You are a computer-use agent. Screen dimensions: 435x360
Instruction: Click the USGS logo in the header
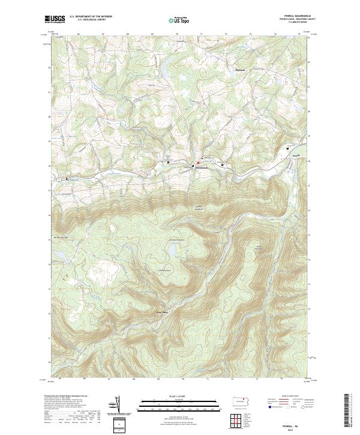click(55, 20)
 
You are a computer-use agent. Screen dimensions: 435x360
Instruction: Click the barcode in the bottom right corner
click(351, 414)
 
